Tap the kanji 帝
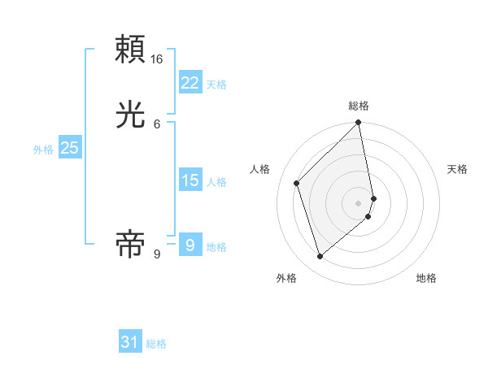coord(131,243)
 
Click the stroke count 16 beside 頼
coord(157,59)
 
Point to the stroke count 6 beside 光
coord(157,124)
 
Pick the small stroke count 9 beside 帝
coord(157,254)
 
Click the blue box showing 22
coord(190,82)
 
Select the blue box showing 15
coord(190,180)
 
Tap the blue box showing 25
coord(69,148)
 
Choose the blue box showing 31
coord(130,342)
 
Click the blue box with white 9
coord(190,244)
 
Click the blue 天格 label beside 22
coord(216,85)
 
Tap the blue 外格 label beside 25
coord(43,150)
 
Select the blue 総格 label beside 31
coord(156,344)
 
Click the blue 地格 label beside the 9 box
coord(216,247)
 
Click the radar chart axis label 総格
coord(359,106)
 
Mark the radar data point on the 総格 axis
coord(359,123)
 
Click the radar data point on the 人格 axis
coord(297,183)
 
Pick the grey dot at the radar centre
coord(359,202)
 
